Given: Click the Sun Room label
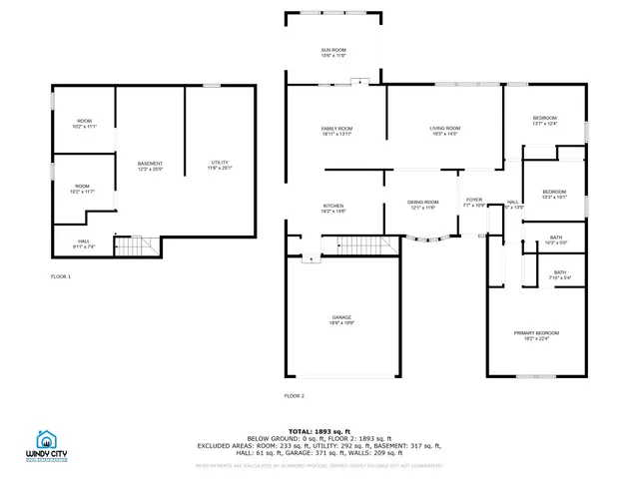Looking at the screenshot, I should [332, 52].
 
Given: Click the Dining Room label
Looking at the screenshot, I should [422, 205].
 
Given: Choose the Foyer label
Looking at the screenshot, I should [473, 203].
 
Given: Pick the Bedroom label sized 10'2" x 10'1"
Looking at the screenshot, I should [554, 194].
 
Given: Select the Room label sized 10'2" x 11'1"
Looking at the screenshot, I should [84, 124].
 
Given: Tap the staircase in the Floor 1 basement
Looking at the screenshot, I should [135, 244].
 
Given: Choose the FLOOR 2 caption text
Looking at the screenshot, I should [295, 396].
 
